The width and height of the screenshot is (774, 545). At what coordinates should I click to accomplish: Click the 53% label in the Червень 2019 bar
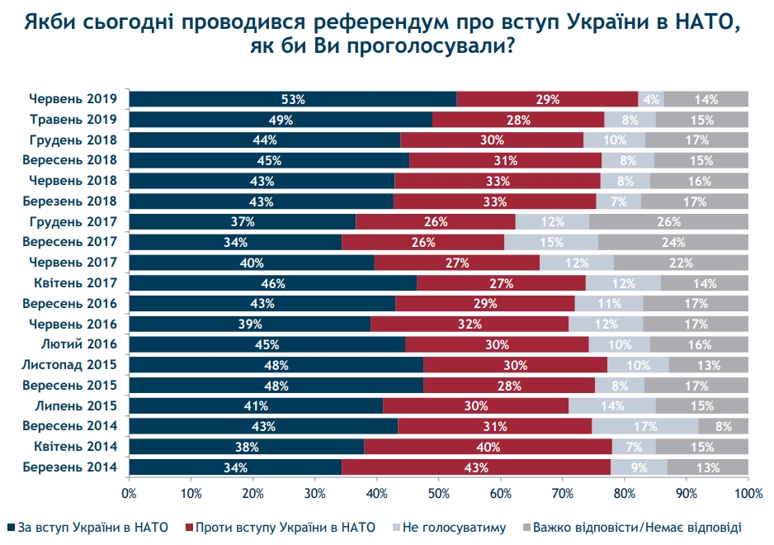pos(292,99)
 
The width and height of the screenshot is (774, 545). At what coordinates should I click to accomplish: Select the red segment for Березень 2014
pos(476,467)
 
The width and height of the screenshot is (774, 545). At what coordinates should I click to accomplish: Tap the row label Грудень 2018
pos(73,140)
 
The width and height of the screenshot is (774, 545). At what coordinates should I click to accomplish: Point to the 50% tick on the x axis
pos(438,494)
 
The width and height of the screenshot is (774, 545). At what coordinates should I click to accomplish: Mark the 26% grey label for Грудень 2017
pos(668,221)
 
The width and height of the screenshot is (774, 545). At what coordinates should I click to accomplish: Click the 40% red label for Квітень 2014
pos(488,447)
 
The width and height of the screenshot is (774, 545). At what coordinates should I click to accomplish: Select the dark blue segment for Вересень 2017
pos(235,242)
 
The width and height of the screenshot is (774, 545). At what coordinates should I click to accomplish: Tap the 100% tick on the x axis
pos(747,494)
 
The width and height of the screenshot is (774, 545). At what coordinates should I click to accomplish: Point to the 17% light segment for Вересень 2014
pos(644,426)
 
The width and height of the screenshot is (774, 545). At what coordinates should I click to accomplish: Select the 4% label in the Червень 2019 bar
pos(651,99)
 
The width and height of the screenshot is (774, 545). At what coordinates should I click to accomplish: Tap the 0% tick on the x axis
pos(129,494)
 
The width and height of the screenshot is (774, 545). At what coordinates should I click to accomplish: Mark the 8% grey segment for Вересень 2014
pos(723,426)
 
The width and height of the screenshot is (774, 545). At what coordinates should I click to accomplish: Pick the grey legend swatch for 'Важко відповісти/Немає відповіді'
pos(526,527)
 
